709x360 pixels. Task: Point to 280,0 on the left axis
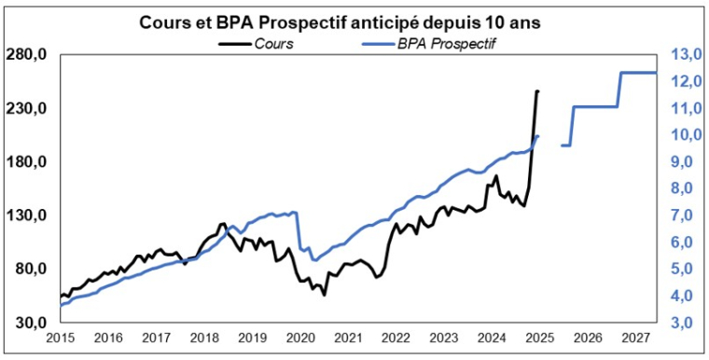tap(26, 55)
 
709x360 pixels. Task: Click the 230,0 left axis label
tap(26, 109)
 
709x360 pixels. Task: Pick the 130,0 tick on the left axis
tap(26, 215)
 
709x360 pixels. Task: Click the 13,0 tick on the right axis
tap(684, 55)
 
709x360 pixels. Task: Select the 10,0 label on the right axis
tap(684, 135)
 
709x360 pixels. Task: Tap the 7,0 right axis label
tap(684, 215)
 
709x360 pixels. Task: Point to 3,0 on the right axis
tap(684, 323)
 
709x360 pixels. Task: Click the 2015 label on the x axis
tap(61, 338)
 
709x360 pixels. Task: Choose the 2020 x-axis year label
tap(299, 338)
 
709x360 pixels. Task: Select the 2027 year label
tap(634, 338)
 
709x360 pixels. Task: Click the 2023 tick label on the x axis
tap(443, 338)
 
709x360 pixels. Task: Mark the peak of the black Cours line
tap(537, 91)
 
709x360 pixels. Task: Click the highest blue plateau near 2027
tap(638, 73)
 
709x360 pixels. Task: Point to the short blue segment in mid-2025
tap(565, 145)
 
